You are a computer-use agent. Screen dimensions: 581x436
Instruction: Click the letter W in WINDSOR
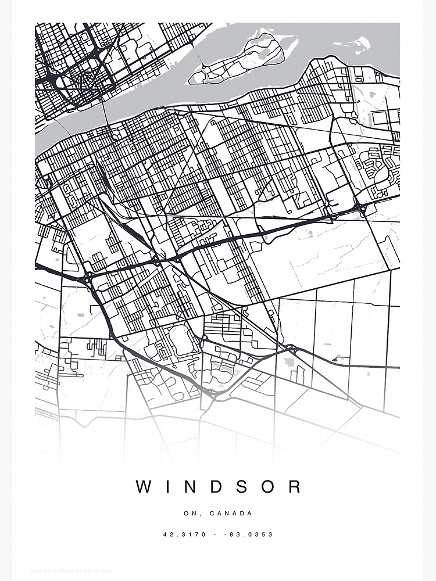[144, 487]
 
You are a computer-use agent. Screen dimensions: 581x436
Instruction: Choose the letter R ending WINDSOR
[296, 487]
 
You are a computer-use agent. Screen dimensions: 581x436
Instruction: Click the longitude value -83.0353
[252, 535]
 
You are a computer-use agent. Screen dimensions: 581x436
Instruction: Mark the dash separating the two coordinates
[218, 535]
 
